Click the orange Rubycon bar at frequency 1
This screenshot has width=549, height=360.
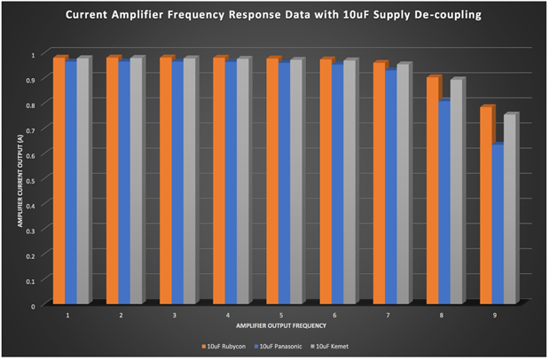59,181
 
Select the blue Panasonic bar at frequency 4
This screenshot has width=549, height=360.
230,183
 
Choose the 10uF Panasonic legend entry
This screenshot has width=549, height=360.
283,340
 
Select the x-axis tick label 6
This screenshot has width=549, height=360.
334,315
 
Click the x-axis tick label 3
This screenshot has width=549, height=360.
175,315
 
